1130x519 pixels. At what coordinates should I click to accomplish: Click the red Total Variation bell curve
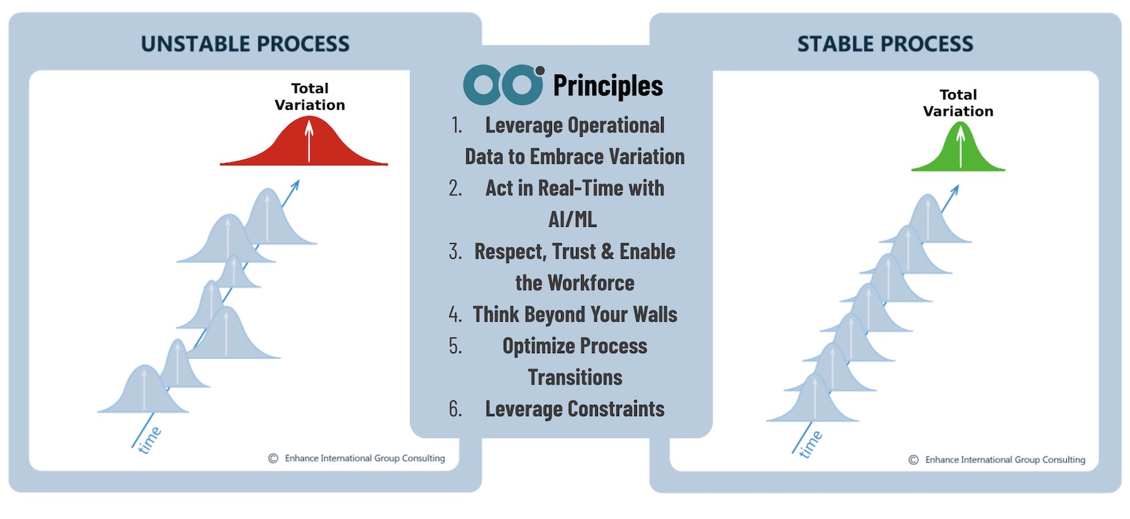[x=304, y=146]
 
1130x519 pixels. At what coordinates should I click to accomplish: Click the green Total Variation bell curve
[x=958, y=152]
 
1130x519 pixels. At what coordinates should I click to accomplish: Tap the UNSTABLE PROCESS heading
[x=245, y=44]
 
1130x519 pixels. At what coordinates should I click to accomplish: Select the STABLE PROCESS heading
[x=885, y=44]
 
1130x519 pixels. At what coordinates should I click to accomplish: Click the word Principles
[x=608, y=85]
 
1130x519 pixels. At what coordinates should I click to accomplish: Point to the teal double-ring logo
[x=504, y=84]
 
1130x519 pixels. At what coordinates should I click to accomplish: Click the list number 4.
[x=455, y=315]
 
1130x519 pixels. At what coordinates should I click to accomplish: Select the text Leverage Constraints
[x=575, y=409]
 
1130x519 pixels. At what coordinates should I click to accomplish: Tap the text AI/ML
[x=572, y=220]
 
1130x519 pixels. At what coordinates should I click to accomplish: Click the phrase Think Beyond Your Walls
[x=575, y=315]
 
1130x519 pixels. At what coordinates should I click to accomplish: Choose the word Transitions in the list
[x=575, y=378]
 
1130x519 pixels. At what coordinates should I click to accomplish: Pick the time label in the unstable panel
[x=149, y=440]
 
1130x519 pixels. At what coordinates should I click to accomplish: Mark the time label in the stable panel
[x=810, y=445]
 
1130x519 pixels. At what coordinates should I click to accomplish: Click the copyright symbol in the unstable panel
[x=273, y=459]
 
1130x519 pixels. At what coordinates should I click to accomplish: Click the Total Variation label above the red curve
[x=310, y=96]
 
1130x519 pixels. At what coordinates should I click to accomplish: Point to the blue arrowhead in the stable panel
[x=955, y=190]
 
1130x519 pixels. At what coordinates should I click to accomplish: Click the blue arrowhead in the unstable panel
[x=295, y=185]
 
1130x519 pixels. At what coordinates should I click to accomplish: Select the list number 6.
[x=455, y=409]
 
